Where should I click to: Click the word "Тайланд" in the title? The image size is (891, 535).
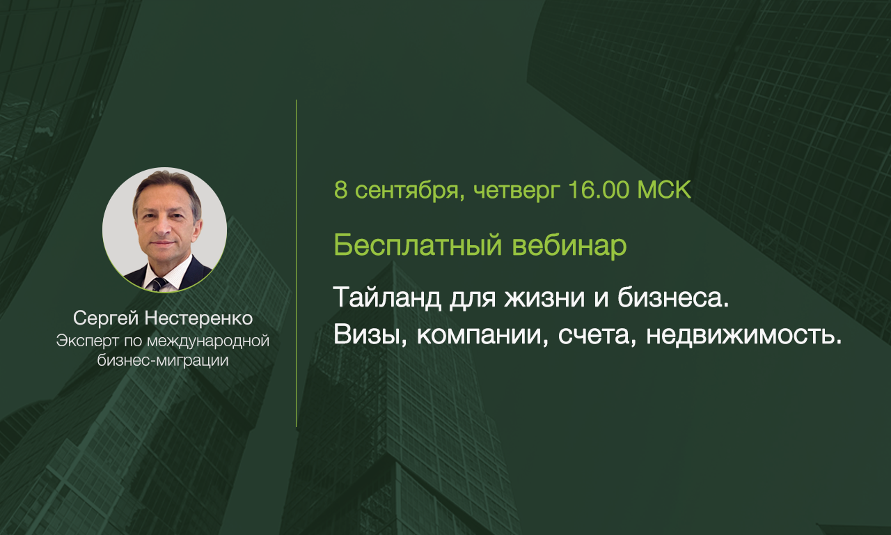point(388,297)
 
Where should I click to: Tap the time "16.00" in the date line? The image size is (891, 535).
point(599,190)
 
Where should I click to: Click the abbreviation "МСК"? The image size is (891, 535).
point(664,190)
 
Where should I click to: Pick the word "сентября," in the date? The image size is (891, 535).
point(410,192)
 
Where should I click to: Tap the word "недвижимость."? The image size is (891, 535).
point(744,336)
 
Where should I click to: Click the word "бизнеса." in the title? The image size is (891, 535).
point(673,297)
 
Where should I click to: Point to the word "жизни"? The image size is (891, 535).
point(544,298)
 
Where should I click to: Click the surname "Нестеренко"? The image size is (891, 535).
point(198,318)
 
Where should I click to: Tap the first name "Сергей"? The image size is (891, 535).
point(105,319)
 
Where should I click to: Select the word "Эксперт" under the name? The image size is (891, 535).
point(88,341)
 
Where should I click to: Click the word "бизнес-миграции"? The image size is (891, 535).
point(163,361)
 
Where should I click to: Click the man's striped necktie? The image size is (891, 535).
point(159,284)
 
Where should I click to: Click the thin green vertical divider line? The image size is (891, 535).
point(296,263)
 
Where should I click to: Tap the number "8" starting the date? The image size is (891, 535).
point(340,190)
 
